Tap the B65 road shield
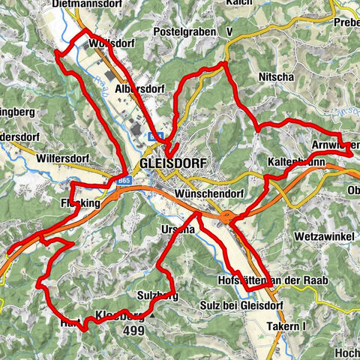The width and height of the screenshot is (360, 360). coord(123,180)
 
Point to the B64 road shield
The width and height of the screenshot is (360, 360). coord(155,136)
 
